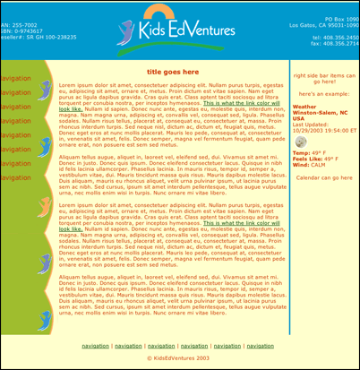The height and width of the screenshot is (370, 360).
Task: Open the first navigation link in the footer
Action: pyautogui.click(x=95, y=345)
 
